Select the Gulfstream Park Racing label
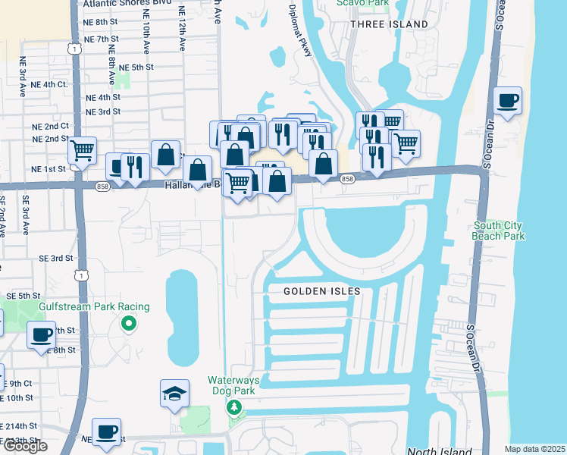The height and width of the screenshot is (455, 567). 95,306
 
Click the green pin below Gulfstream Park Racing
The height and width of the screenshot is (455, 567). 129,325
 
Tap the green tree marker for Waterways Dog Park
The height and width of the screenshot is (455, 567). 235,408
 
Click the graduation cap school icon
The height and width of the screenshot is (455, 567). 174,394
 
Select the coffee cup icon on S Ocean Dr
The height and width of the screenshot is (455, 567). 507,100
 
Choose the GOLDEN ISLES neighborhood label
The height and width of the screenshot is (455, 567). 322,291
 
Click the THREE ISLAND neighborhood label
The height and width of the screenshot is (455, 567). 389,24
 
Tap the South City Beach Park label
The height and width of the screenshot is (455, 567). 499,231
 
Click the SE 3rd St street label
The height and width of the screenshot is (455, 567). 57,258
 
